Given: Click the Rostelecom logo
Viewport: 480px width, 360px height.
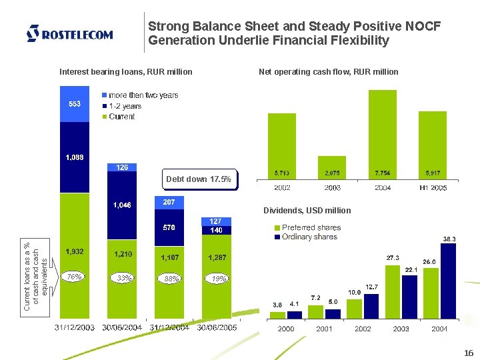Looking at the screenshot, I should click(x=69, y=33).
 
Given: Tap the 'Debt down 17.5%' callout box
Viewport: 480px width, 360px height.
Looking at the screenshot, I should click(x=198, y=179).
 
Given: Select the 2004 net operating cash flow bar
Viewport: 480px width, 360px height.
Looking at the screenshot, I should click(x=383, y=134).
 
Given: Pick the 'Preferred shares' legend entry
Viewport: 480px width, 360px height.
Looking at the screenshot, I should click(x=307, y=227).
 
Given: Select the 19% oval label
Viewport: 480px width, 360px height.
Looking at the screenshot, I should click(x=219, y=279).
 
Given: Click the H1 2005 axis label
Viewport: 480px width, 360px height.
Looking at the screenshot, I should click(x=433, y=189).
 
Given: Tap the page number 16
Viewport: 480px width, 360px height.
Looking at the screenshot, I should click(x=468, y=353).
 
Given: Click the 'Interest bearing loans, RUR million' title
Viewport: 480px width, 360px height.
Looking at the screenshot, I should click(x=126, y=72).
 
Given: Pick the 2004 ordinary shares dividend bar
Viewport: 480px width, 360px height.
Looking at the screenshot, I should click(x=449, y=281).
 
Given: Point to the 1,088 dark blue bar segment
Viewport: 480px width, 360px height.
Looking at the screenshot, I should click(x=75, y=157).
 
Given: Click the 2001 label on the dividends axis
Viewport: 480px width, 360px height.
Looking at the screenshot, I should click(x=325, y=329).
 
